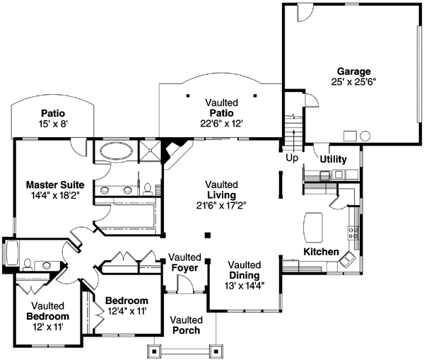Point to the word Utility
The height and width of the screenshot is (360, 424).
(x=333, y=159)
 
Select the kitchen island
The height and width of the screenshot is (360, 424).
(x=312, y=228)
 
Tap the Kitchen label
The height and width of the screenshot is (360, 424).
(x=321, y=252)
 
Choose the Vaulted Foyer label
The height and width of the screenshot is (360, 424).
(x=187, y=262)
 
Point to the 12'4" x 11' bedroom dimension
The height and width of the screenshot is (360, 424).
(x=126, y=310)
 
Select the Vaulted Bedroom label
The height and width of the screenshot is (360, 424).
(x=48, y=311)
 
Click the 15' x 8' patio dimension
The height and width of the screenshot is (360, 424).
(x=53, y=123)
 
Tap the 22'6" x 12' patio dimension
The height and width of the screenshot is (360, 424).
(x=221, y=123)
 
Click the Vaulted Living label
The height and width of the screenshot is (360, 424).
(x=221, y=194)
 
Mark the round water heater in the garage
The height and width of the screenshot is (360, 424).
(x=365, y=135)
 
